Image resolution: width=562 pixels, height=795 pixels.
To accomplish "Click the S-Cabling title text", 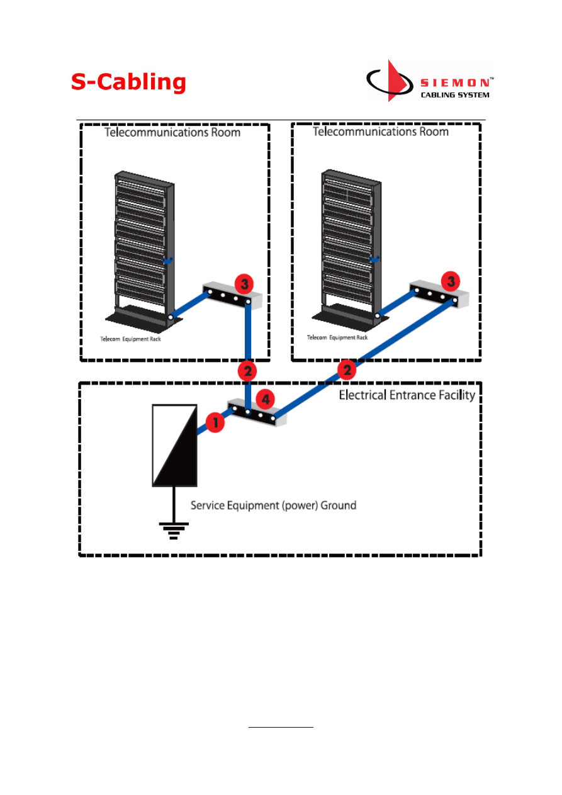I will tap(128, 82).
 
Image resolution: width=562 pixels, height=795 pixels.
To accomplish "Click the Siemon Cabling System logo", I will tap(429, 81).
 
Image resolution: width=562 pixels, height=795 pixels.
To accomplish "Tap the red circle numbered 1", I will tap(215, 423).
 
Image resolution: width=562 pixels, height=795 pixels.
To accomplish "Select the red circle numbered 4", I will tap(266, 398).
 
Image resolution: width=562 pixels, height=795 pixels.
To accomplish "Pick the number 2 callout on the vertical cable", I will tap(248, 371).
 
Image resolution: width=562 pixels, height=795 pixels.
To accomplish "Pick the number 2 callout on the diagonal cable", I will tap(346, 369).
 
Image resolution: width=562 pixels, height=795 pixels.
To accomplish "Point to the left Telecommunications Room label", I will tap(172, 133).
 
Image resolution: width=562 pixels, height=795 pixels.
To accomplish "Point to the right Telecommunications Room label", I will tap(381, 132).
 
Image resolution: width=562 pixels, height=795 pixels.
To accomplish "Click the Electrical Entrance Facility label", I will tap(407, 396).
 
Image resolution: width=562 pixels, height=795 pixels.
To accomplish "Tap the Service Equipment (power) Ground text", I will tap(273, 505).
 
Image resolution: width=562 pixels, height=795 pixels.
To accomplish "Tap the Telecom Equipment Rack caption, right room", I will tap(337, 337).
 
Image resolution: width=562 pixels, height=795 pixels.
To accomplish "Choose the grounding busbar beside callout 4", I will tap(253, 414).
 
